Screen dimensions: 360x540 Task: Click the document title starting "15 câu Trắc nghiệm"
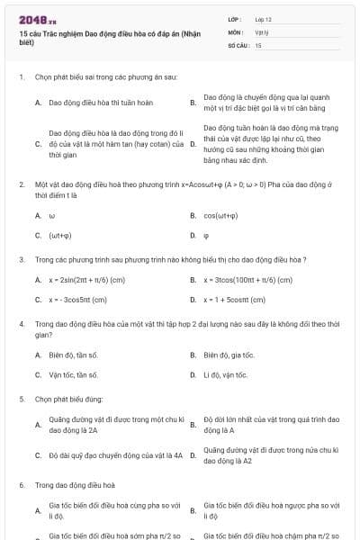click(108, 37)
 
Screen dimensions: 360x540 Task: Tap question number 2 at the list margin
click(22, 184)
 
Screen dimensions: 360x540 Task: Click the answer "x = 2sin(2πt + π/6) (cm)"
click(87, 280)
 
